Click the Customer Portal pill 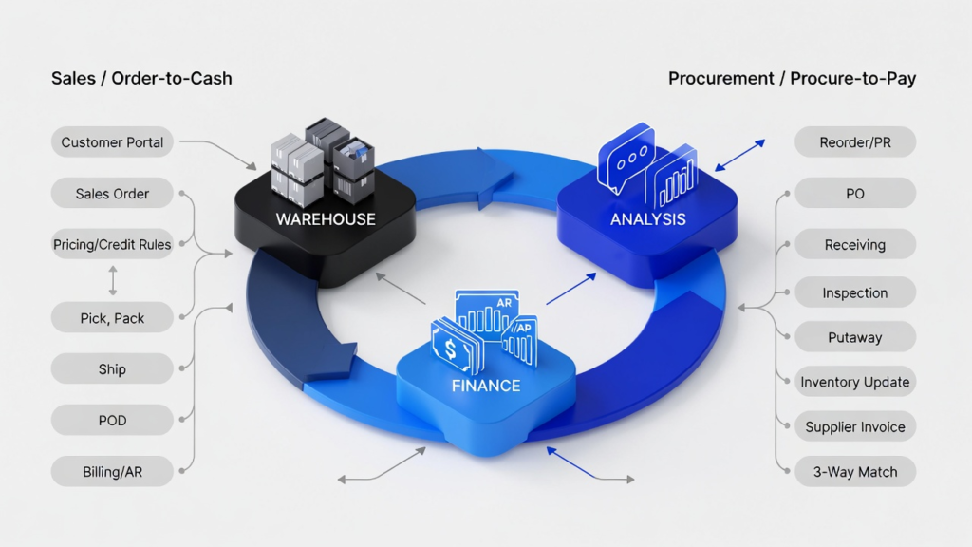[x=112, y=142]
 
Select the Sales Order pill [x=112, y=194]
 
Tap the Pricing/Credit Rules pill [x=112, y=245]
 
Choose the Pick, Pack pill [x=112, y=318]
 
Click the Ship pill [x=112, y=369]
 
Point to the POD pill [x=112, y=421]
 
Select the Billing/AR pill [x=112, y=470]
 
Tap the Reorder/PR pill [x=854, y=142]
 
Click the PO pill [x=854, y=194]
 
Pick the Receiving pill [x=854, y=245]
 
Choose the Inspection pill [x=854, y=293]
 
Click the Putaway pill [x=854, y=337]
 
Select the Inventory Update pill [x=854, y=382]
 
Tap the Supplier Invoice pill [x=854, y=426]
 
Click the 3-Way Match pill [x=854, y=471]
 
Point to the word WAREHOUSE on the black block [x=325, y=219]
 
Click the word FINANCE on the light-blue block [x=485, y=386]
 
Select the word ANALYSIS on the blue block [x=648, y=219]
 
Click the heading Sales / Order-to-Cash [x=141, y=78]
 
